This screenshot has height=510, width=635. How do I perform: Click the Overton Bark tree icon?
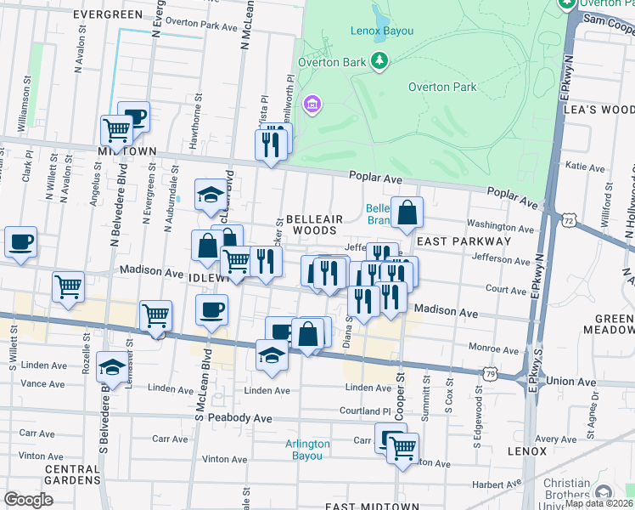[379, 59]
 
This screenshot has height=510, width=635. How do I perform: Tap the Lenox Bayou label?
[381, 31]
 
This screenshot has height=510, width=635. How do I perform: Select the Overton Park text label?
[441, 87]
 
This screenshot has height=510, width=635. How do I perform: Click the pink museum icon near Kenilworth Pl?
[312, 105]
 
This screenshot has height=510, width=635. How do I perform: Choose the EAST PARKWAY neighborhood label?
[464, 241]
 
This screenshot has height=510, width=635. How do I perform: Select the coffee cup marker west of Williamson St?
[20, 241]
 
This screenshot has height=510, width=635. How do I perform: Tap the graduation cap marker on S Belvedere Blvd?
[112, 366]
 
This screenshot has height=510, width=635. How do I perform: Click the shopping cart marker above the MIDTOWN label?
[117, 130]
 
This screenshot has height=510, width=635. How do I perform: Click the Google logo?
[28, 500]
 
